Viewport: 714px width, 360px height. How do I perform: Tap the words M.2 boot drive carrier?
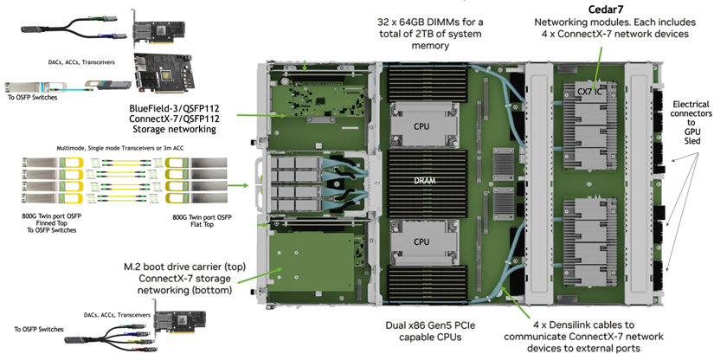point(181,265)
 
